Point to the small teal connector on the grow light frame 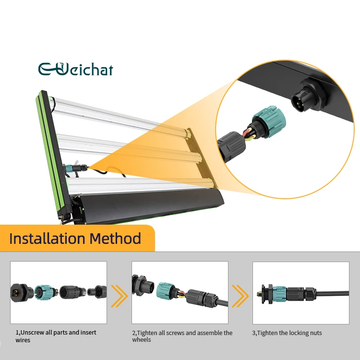pyautogui.click(x=70, y=168)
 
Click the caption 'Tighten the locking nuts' pyautogui.click(x=287, y=333)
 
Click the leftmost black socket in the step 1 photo pyautogui.click(x=19, y=291)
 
